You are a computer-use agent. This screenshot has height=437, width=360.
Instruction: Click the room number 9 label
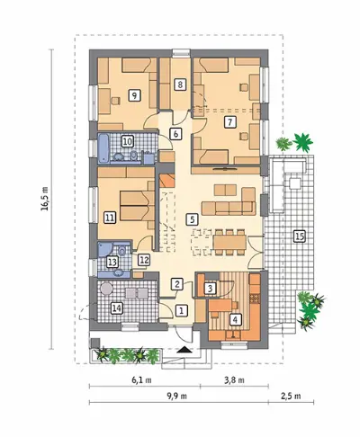pos(134,95)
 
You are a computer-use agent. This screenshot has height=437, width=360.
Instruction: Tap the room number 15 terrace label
pos(299,236)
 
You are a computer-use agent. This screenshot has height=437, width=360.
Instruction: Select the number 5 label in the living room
pos(192,219)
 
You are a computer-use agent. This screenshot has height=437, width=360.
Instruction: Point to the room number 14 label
pos(117,308)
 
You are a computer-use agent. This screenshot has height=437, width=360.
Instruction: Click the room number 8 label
pos(180,85)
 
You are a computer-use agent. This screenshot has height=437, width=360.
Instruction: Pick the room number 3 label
pos(210,289)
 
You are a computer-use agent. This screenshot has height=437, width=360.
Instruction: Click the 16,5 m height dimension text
pos(45,199)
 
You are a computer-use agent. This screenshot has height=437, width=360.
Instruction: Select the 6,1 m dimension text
pos(141,380)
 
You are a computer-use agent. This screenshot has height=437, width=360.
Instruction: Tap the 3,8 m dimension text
pos(234,380)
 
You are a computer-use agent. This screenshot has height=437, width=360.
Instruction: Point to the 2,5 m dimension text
pos(291,396)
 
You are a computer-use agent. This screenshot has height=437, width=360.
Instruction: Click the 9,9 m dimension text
pos(177,396)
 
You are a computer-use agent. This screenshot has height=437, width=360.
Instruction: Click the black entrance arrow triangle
pos(183,349)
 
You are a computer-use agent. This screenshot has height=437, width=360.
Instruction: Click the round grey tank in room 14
pos(106,289)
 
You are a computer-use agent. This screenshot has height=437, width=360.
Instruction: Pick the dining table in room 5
pos(229,242)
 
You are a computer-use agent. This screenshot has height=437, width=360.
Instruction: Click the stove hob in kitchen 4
pos(255,298)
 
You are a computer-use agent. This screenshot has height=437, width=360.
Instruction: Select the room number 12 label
pos(144,260)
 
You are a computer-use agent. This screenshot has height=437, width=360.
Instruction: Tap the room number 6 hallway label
pos(175,134)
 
